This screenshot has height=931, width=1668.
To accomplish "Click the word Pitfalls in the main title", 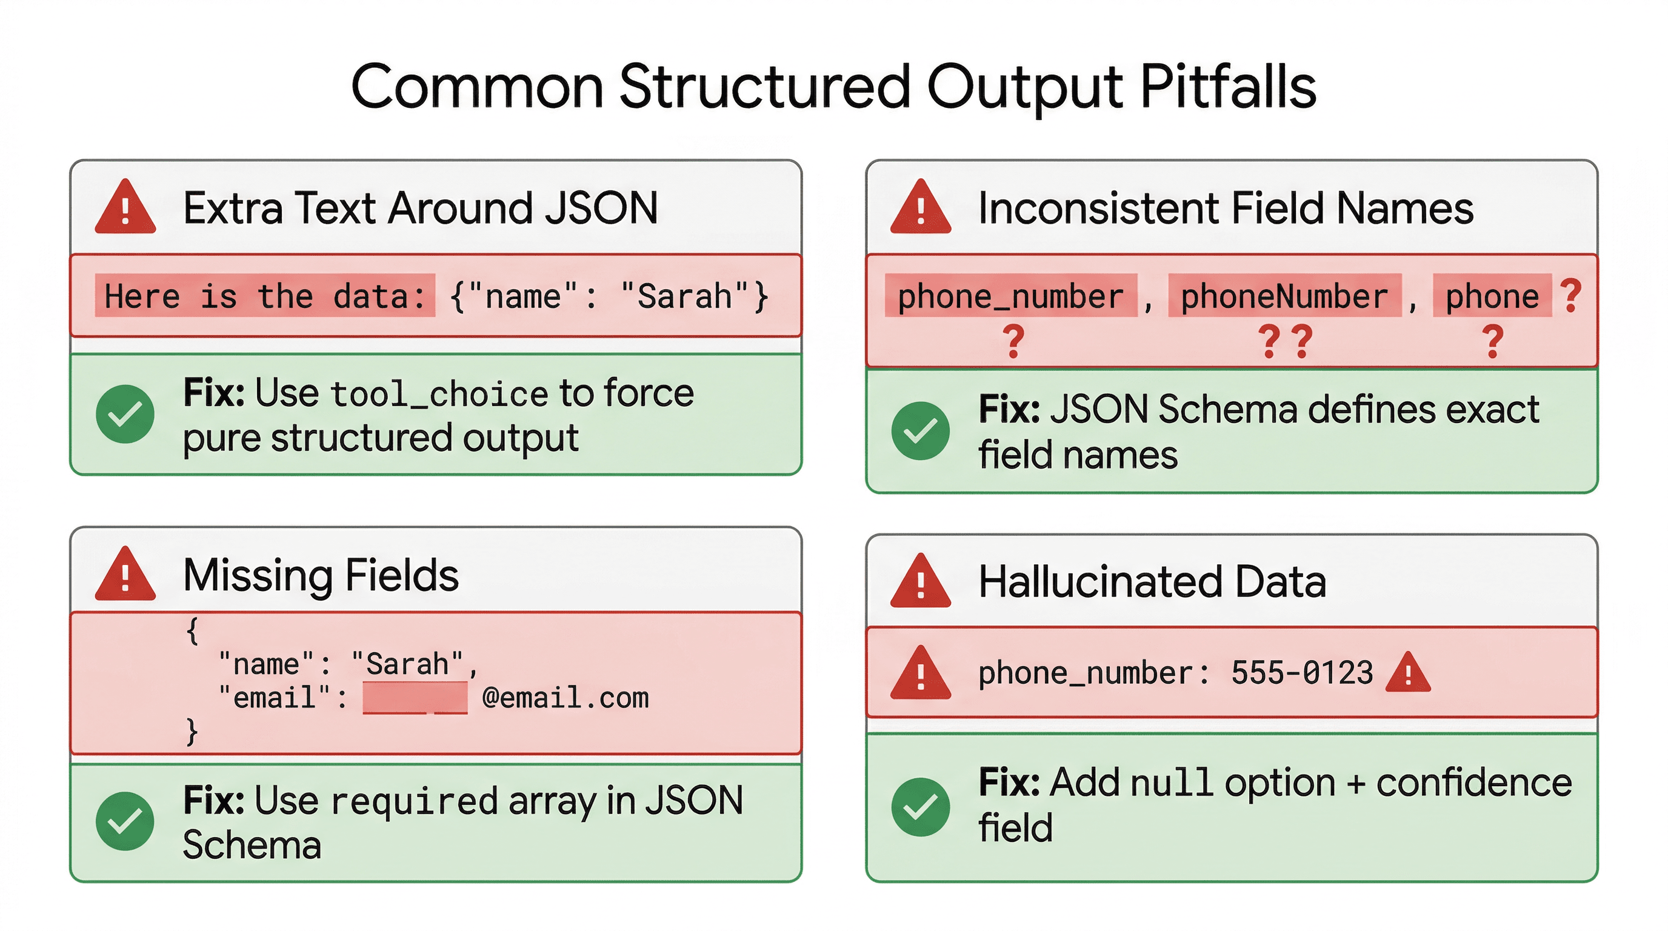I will tap(1227, 87).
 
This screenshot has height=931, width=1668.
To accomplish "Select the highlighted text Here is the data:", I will tap(265, 296).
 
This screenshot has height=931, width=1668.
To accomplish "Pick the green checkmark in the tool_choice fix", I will tap(125, 415).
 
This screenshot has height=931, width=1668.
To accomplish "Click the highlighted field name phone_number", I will tap(1010, 296).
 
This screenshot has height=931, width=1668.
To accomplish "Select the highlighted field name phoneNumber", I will tap(1284, 296).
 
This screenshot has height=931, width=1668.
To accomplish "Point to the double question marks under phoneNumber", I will tap(1286, 341).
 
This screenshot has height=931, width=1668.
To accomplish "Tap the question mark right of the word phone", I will tap(1571, 295).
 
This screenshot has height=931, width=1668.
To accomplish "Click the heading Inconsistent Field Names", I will tap(1225, 209).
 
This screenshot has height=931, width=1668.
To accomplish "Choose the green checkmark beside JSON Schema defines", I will tap(920, 431).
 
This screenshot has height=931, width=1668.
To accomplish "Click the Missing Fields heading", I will tap(321, 575).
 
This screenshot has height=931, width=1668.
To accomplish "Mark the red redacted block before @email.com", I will tap(415, 698).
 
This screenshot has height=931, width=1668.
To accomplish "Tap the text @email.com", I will tap(565, 698).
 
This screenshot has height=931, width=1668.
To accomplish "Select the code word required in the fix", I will tap(414, 801).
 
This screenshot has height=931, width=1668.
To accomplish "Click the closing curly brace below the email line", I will tap(192, 732).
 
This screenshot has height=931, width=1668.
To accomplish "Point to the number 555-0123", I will tap(1301, 673).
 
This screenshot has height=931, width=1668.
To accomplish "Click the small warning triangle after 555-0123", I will tap(1408, 674).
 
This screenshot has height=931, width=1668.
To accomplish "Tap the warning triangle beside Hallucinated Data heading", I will tap(920, 582).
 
